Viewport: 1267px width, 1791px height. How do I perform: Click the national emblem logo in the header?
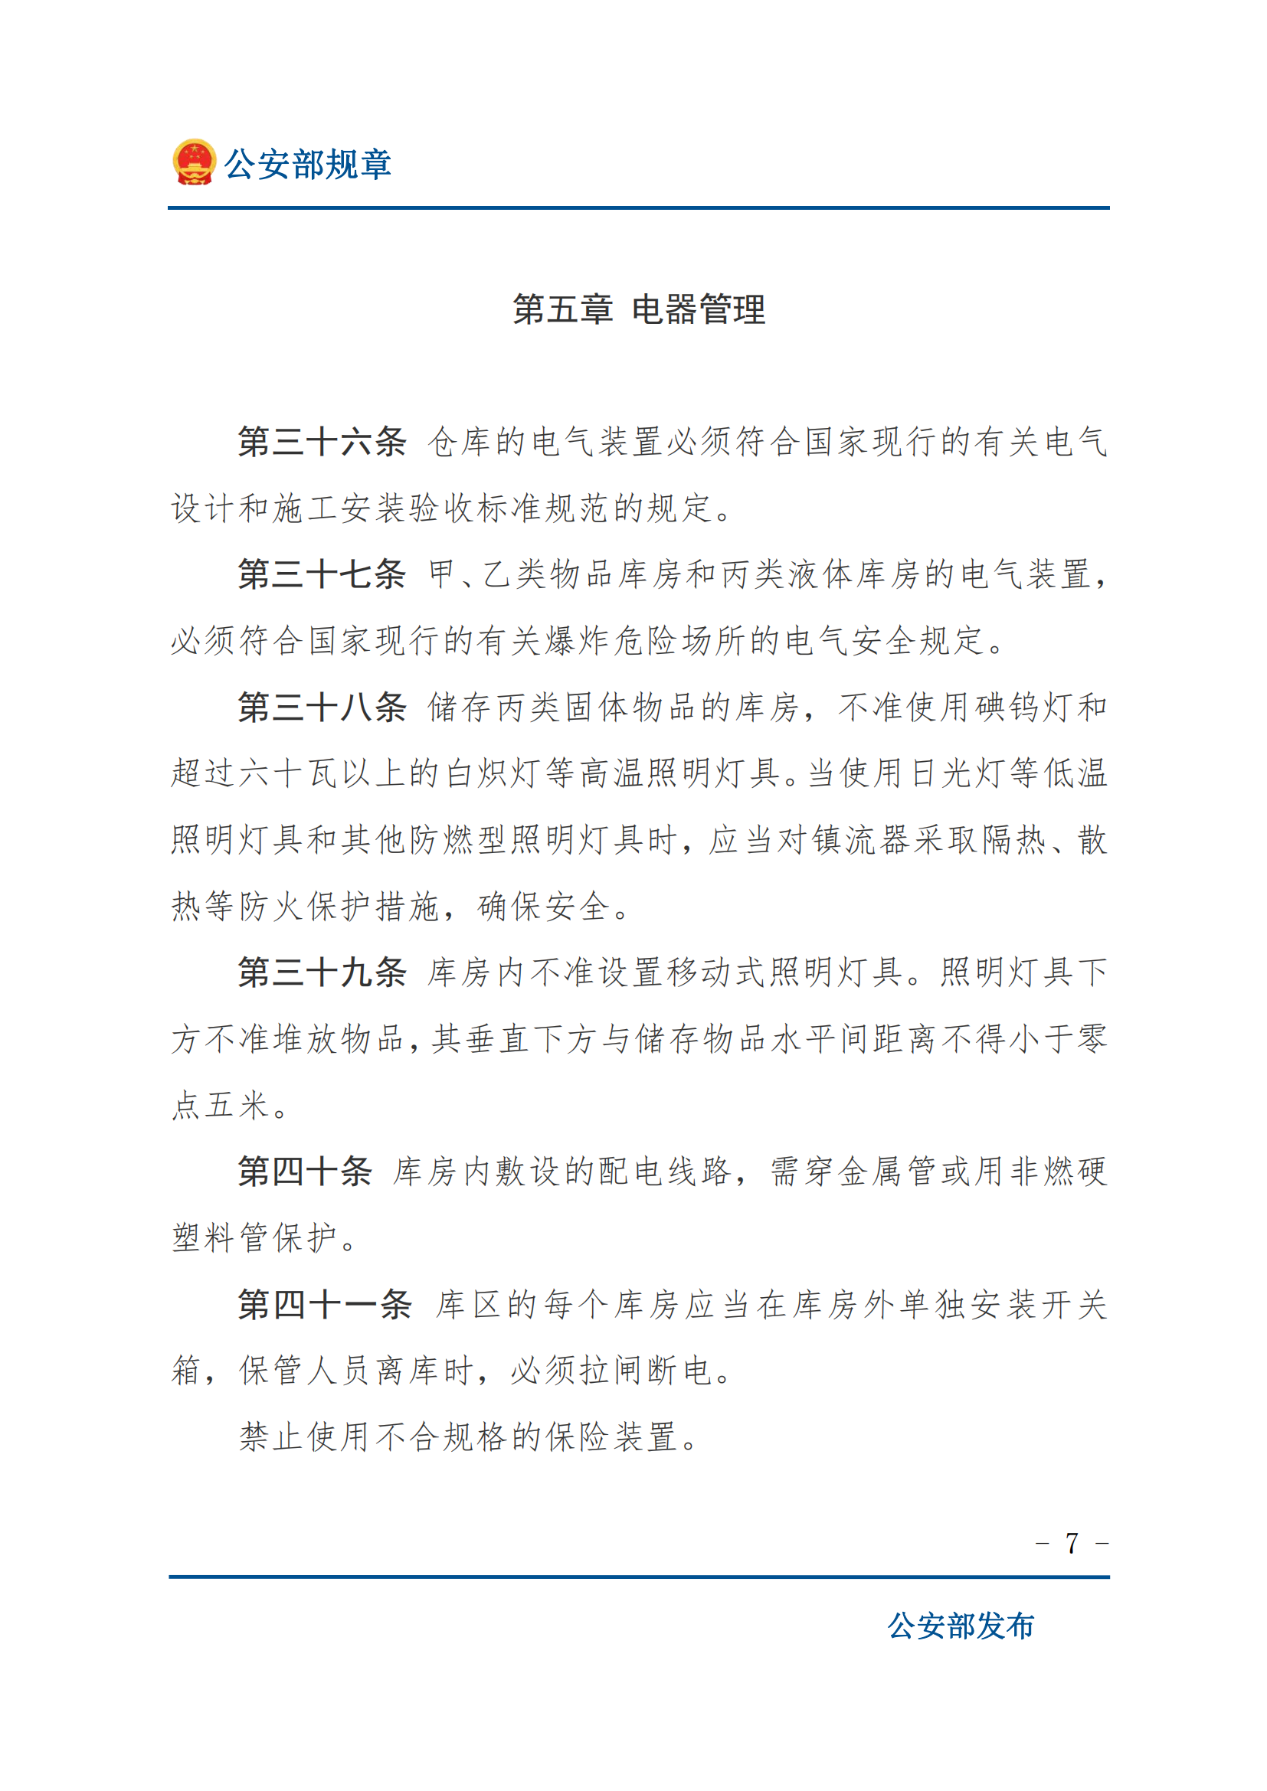pos(194,162)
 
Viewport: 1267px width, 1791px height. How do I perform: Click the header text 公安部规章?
pos(307,165)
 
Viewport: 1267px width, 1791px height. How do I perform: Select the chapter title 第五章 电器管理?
pos(639,309)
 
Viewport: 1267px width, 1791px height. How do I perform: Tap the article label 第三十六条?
pos(322,442)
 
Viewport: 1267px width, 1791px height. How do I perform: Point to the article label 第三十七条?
pos(322,574)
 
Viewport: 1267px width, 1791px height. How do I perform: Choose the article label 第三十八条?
pos(322,708)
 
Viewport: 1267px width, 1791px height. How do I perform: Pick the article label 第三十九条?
pos(322,972)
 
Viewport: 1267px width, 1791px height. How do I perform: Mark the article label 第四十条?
pos(304,1172)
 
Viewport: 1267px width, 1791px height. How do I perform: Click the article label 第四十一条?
pos(325,1304)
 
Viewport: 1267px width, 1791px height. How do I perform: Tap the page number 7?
pos(1072,1543)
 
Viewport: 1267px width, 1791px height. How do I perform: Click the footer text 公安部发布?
pos(961,1626)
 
